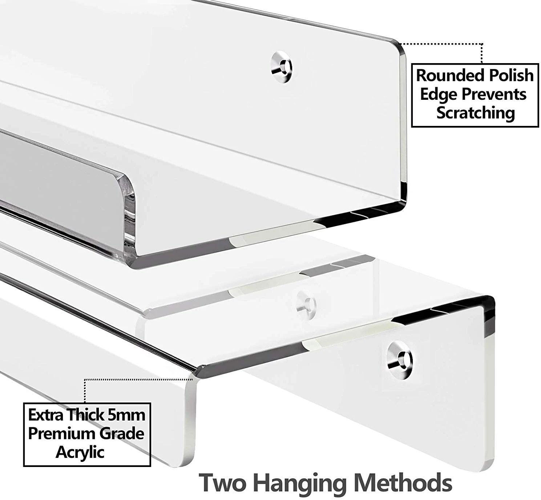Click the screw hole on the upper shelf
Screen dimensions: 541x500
click(283, 66)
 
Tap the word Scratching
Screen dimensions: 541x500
click(475, 113)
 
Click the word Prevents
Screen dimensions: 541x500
click(494, 94)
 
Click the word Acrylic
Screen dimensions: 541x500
click(80, 452)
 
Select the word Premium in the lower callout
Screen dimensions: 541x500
click(58, 434)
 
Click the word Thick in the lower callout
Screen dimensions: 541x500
click(86, 415)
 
